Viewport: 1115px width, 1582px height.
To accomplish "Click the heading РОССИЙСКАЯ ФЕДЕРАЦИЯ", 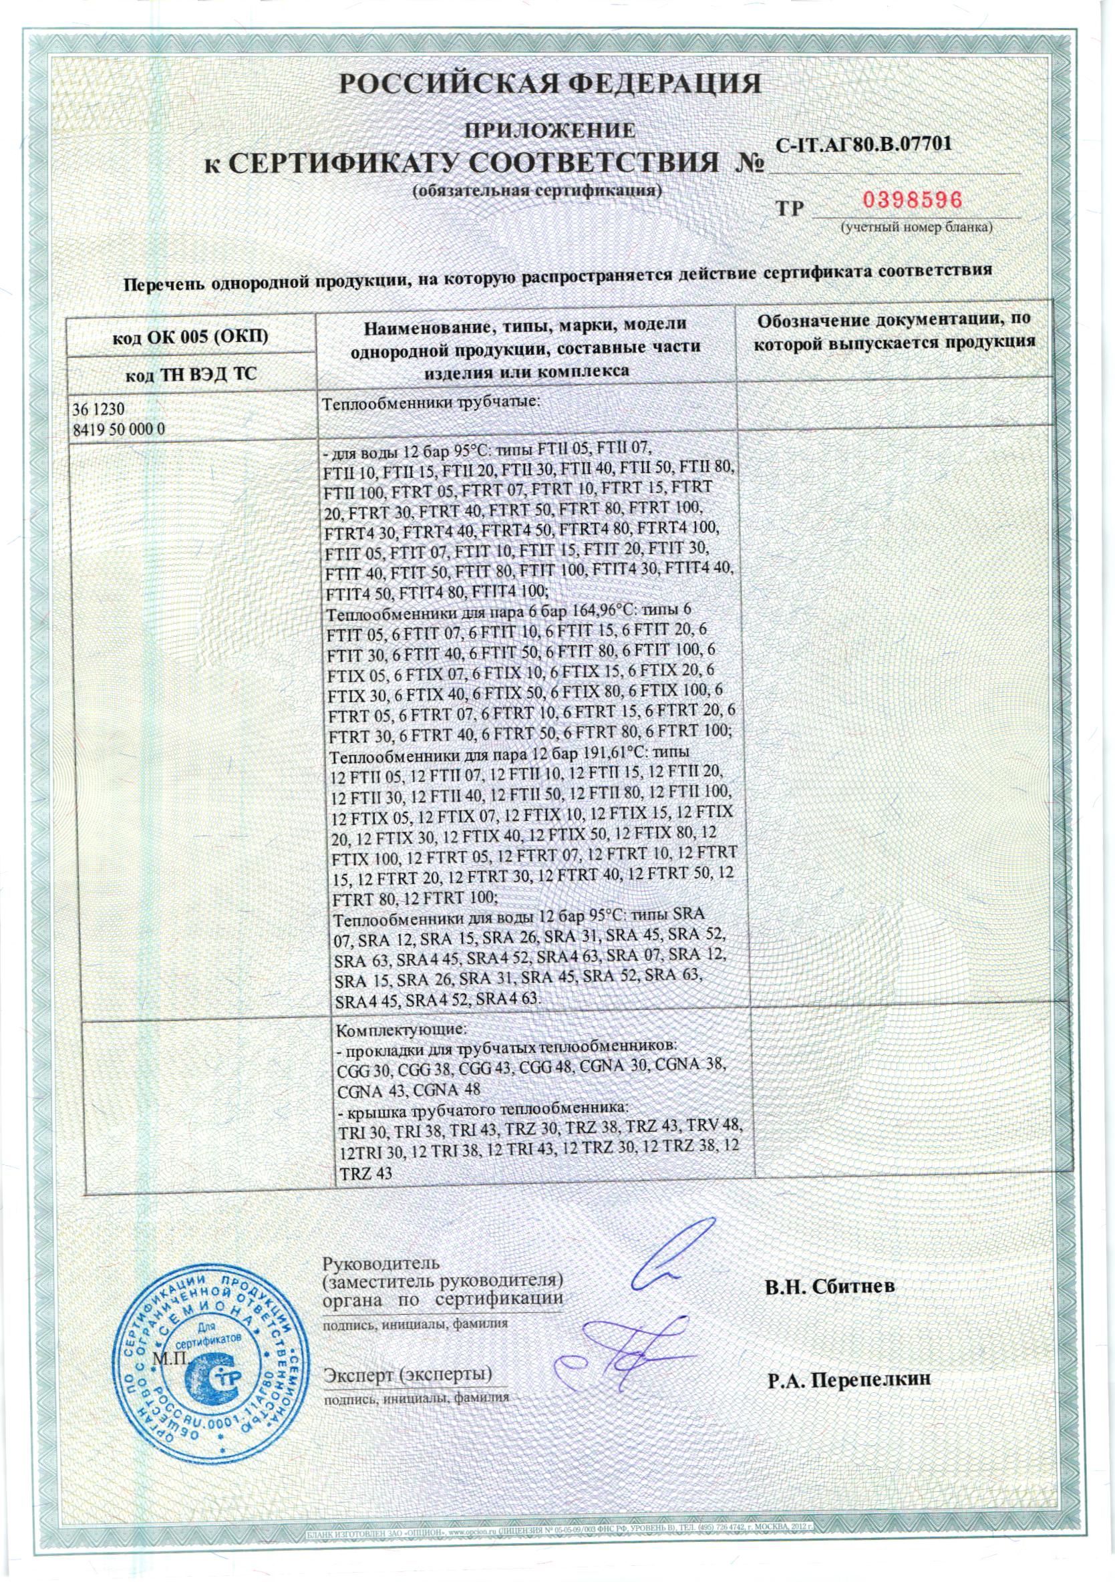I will point(552,84).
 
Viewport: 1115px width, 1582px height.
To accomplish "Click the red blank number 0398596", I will point(913,200).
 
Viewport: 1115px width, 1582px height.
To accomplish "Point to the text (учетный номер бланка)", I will point(915,226).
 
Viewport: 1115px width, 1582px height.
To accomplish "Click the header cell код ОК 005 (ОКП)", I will point(190,337).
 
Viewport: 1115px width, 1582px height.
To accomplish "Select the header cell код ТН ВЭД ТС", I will point(190,375).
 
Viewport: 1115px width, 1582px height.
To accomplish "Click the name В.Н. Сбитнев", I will point(831,1287).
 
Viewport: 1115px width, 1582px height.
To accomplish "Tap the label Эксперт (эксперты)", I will point(408,1390).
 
